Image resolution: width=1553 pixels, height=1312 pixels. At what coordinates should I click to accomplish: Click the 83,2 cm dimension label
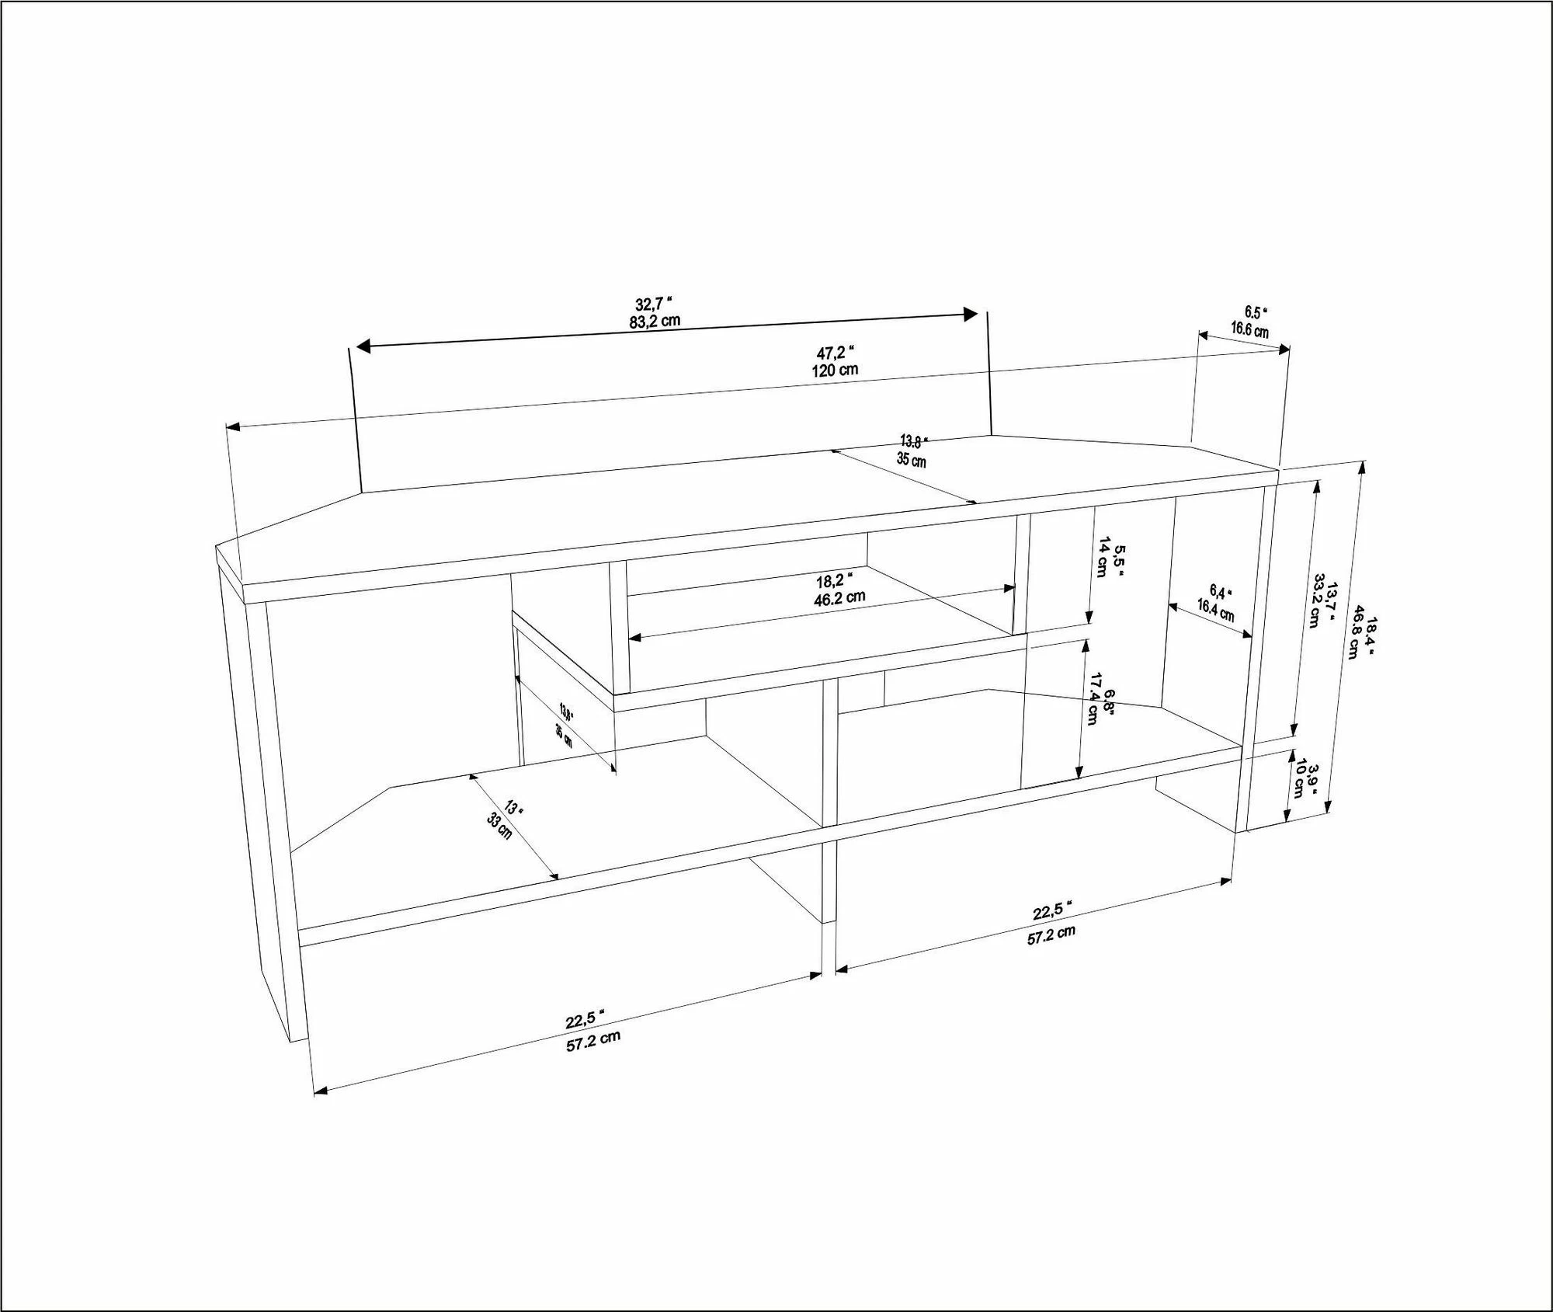tap(655, 320)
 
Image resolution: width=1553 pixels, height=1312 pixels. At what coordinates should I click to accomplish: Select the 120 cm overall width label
tap(835, 369)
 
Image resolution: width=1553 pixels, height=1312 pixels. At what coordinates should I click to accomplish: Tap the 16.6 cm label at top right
tap(1249, 329)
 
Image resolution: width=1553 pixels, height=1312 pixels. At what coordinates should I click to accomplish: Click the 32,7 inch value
tap(653, 304)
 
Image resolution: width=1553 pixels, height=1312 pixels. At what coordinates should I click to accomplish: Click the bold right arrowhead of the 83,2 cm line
tap(971, 314)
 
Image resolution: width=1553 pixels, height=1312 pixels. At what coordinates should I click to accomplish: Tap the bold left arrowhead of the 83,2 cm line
tap(364, 346)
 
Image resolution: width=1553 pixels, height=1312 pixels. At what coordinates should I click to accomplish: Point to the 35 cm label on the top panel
tap(912, 459)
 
